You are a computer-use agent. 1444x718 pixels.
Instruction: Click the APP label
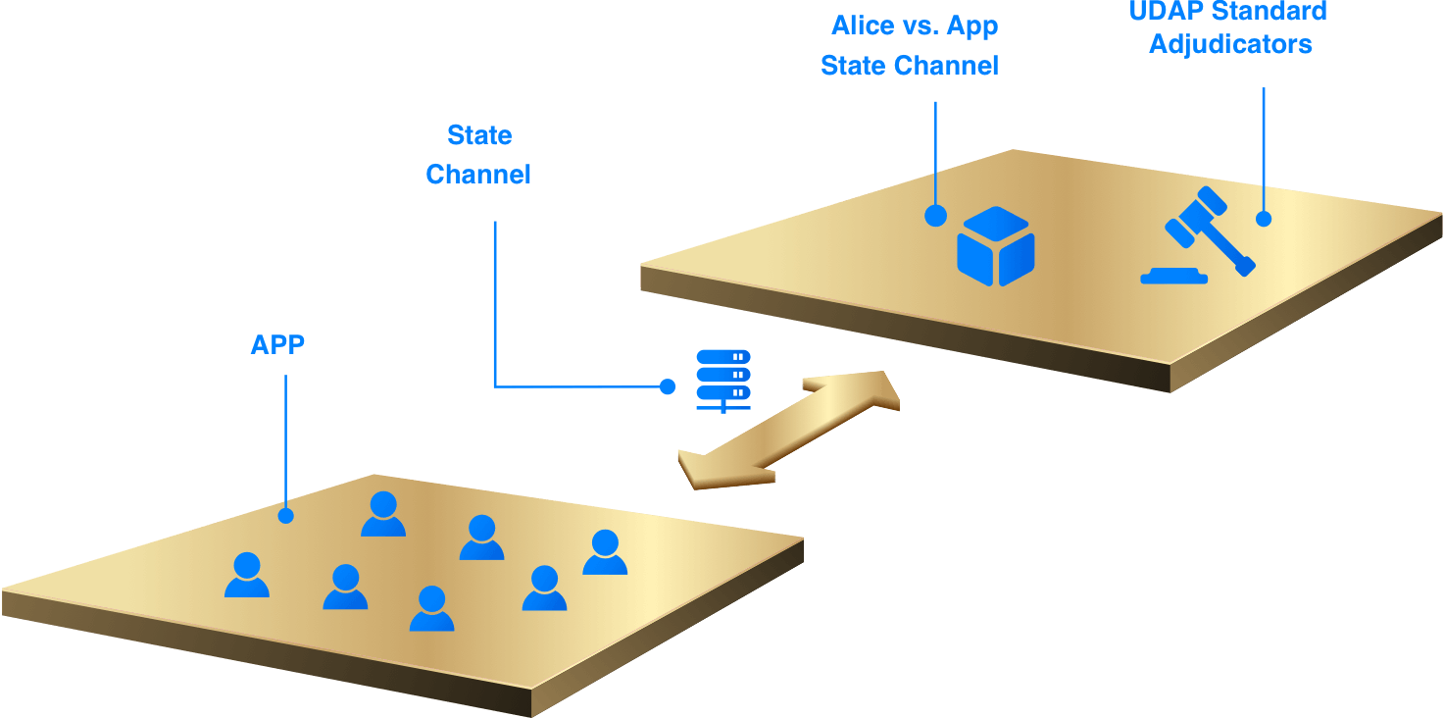(277, 345)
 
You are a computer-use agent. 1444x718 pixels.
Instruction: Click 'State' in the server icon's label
(479, 135)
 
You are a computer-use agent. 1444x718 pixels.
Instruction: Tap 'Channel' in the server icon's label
(478, 175)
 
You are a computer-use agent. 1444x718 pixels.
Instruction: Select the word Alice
(863, 26)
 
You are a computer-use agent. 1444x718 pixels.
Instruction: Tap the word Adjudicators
(1230, 44)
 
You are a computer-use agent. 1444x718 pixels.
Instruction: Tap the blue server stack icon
(723, 380)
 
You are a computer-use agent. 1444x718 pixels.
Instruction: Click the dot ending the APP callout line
(285, 515)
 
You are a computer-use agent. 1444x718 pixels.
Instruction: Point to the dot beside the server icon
(668, 386)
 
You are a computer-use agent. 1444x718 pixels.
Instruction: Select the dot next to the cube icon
(936, 216)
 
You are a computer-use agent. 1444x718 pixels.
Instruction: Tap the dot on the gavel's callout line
(1264, 219)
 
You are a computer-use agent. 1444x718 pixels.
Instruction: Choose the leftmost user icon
(246, 575)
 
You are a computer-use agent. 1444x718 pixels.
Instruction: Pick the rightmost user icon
(605, 552)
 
